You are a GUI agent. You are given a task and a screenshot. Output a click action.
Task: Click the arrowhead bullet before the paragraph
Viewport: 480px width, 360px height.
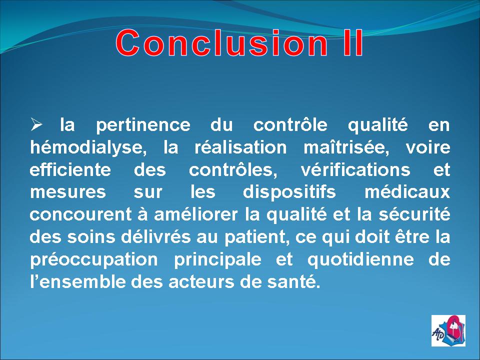click(x=36, y=124)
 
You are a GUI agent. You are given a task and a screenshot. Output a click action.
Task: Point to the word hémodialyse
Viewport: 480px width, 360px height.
click(x=88, y=148)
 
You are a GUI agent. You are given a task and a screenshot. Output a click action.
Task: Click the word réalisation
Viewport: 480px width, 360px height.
click(x=240, y=147)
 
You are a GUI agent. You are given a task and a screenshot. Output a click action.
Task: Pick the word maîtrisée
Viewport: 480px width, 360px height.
click(x=346, y=148)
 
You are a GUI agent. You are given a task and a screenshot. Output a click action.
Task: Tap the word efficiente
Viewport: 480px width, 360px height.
click(x=70, y=169)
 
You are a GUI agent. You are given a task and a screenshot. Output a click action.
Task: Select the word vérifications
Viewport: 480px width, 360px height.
click(x=355, y=169)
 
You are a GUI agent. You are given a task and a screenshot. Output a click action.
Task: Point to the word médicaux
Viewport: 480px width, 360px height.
click(x=407, y=192)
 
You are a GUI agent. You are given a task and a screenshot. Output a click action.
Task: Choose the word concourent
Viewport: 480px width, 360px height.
click(x=81, y=214)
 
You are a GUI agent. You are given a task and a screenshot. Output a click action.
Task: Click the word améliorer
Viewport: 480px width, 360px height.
click(x=195, y=214)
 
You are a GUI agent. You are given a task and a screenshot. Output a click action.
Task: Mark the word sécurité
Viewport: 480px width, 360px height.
click(x=414, y=214)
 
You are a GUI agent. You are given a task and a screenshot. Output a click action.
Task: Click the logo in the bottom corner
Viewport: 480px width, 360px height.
click(x=448, y=330)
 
